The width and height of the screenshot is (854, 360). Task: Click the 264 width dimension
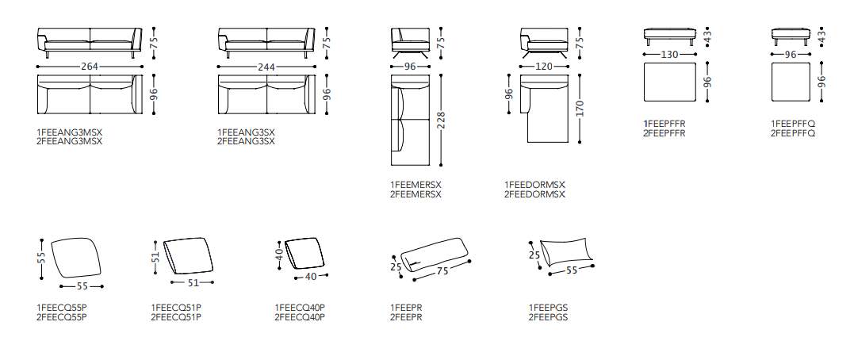pyautogui.click(x=90, y=67)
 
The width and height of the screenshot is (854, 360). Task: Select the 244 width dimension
pyautogui.click(x=266, y=67)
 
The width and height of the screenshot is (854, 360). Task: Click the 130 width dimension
pyautogui.click(x=669, y=56)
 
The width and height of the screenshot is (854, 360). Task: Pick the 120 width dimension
pyautogui.click(x=543, y=67)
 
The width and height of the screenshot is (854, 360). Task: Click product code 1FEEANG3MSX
pyautogui.click(x=70, y=132)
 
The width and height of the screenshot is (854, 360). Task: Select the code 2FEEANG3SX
pyautogui.click(x=246, y=141)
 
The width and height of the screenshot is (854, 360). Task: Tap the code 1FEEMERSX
pyautogui.click(x=416, y=185)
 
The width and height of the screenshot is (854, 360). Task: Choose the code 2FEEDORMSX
pyautogui.click(x=534, y=193)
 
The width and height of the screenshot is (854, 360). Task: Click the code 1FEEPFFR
pyautogui.click(x=664, y=124)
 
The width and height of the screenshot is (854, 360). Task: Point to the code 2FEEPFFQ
pyautogui.click(x=793, y=133)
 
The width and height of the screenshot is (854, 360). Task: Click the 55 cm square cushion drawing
pyautogui.click(x=78, y=258)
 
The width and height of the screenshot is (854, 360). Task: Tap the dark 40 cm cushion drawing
pyautogui.click(x=308, y=253)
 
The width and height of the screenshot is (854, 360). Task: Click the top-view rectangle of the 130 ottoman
pyautogui.click(x=669, y=82)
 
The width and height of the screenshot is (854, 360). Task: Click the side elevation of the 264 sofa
pyautogui.click(x=89, y=41)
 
